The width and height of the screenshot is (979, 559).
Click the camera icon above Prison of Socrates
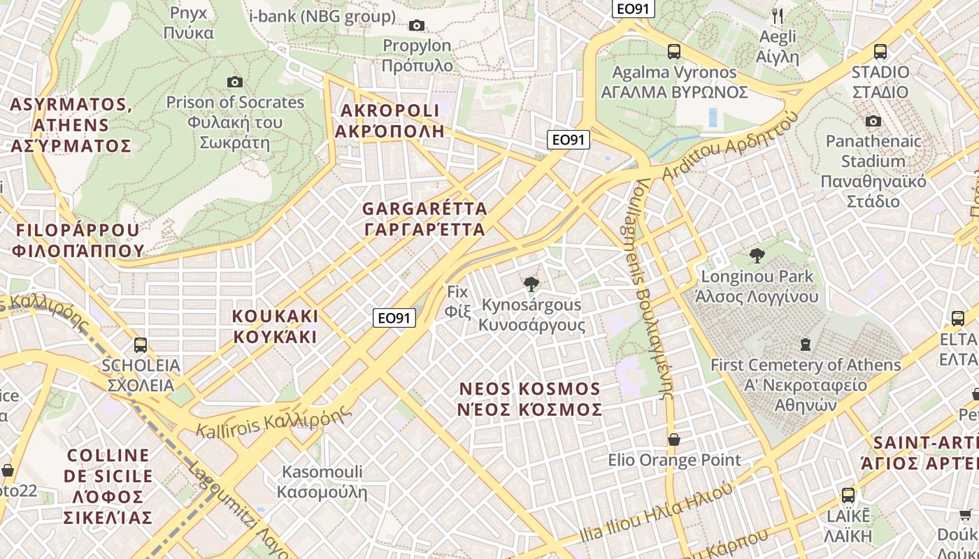pos(235,82)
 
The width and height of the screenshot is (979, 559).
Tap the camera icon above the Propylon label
pos(417,26)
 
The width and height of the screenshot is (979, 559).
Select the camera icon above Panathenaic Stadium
pos(873,122)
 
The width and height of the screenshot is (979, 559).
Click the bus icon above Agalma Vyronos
pos(674,51)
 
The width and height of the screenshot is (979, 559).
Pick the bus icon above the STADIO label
pos(880,51)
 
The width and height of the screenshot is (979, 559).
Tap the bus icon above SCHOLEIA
pos(140,344)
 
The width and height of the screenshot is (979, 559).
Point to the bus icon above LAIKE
pos(848,495)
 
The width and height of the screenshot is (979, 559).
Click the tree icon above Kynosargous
pos(531,284)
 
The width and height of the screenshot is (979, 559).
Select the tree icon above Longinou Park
pos(757,256)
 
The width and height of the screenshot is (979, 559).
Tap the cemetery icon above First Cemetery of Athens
pos(806,344)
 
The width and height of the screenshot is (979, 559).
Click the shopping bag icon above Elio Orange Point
pos(674,440)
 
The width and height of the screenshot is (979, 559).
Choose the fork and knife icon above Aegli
pos(778,15)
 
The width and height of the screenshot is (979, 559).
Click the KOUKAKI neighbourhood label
pos(275,326)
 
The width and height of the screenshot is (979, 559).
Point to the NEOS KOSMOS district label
pos(529,399)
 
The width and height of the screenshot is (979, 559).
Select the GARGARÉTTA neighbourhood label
pos(424,219)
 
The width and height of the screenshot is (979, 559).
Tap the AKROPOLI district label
pos(390,120)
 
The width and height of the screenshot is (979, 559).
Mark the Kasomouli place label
pos(322,481)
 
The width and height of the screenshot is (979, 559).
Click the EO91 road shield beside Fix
pos(394,318)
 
